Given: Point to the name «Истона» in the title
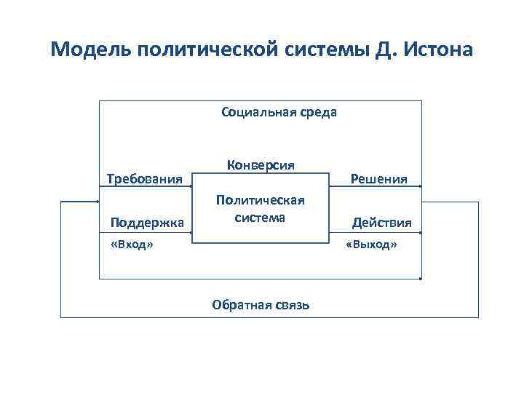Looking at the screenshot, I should point(436,51).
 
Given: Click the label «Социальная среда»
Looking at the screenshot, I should point(279,113).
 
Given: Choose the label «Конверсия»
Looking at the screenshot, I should point(260,164).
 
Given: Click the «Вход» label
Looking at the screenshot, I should point(131,245).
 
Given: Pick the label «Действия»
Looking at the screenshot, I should point(382,222).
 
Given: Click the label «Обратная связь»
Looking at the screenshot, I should point(261,305).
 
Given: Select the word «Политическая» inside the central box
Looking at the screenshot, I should point(259,200).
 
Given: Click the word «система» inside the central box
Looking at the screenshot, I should point(260,217).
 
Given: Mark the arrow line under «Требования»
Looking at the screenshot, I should point(145,188).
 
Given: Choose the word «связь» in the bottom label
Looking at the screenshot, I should point(290,305).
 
